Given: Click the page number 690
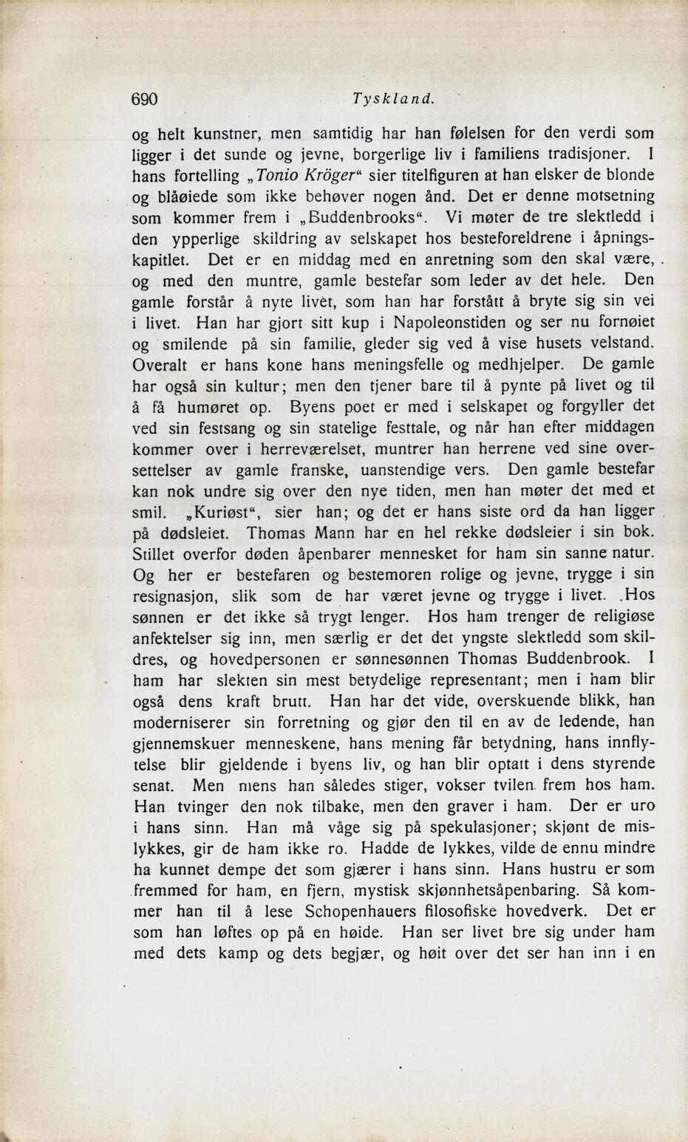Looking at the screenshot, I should (x=146, y=99).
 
